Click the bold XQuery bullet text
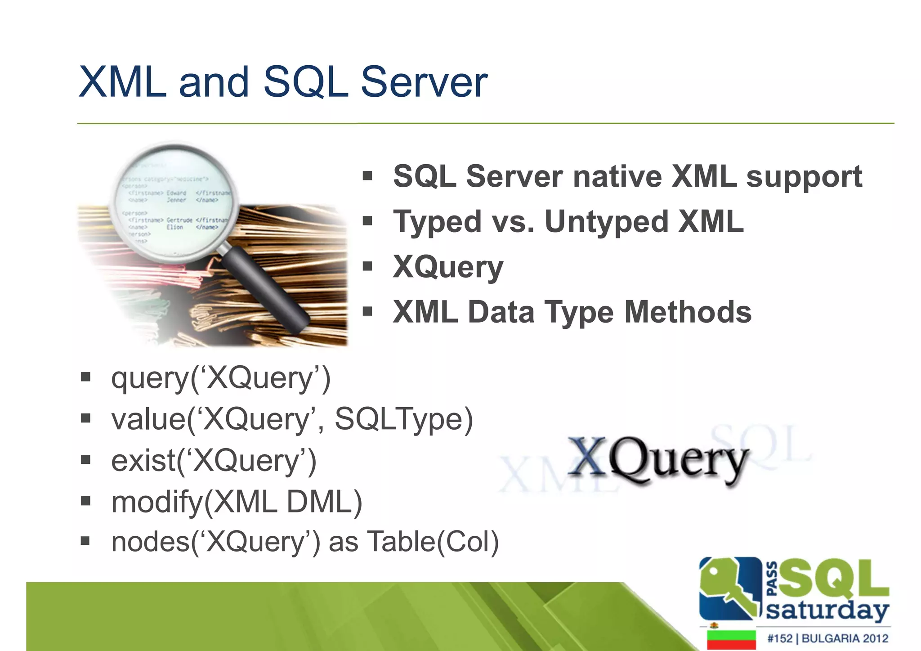point(448,267)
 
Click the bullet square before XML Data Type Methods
point(367,311)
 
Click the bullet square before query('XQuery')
point(85,377)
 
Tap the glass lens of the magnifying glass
point(175,202)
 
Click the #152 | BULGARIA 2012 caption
point(827,638)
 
